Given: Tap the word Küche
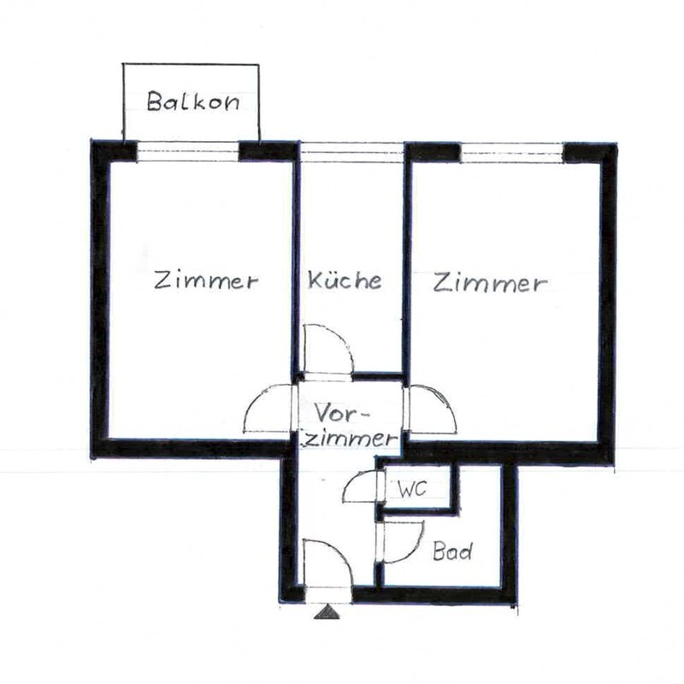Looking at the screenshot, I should (x=345, y=281).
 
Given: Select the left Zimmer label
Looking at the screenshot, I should (x=206, y=280).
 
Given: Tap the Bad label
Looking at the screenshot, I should (x=451, y=551).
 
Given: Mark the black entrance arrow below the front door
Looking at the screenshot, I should (x=325, y=611).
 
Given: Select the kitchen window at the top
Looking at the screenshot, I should (x=351, y=151).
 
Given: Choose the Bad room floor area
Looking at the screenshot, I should (x=445, y=564).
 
